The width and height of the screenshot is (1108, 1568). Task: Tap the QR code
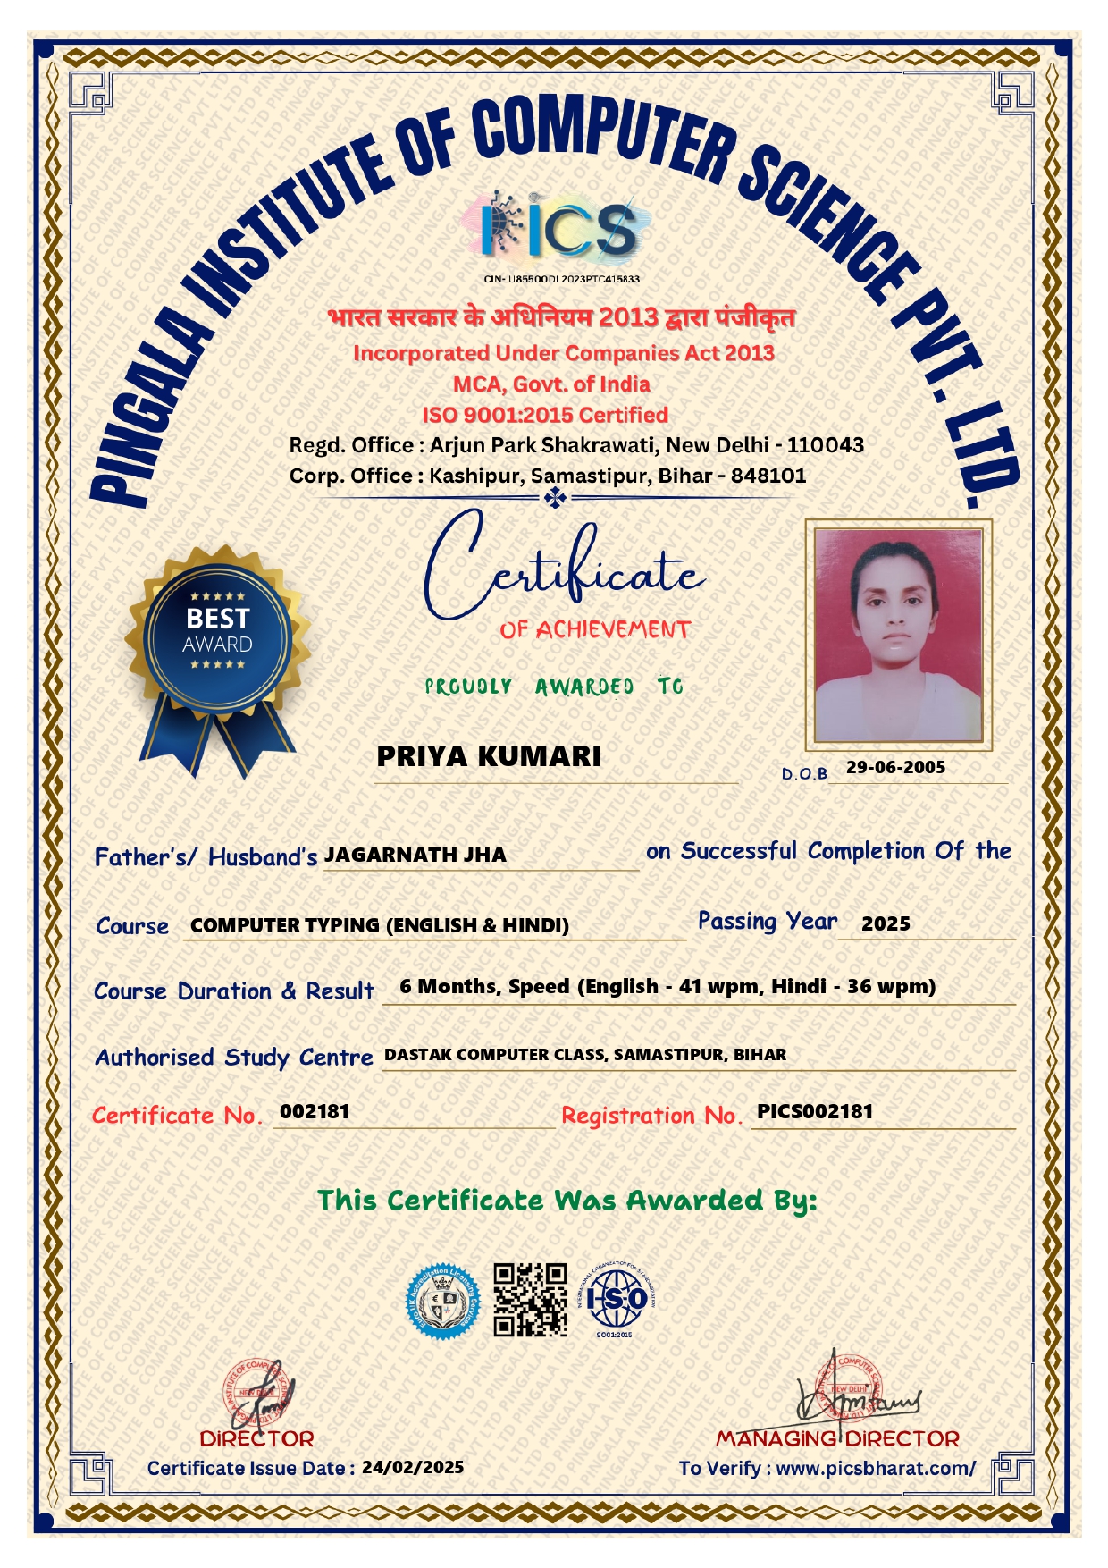coord(531,1299)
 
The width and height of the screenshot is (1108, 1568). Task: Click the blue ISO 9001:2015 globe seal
coord(616,1299)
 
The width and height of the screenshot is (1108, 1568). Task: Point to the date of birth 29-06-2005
coord(895,767)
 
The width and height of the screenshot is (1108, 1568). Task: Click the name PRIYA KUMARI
coord(488,756)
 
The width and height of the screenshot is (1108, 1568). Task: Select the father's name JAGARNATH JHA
coord(415,855)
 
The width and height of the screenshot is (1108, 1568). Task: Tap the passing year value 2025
coord(886,923)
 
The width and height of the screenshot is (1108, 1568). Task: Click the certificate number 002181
coord(315,1111)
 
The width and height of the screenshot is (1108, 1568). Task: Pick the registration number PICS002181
coord(814,1111)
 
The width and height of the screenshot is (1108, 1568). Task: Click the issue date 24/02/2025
coord(413,1467)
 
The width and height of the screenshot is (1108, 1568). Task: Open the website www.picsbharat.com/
coord(876,1468)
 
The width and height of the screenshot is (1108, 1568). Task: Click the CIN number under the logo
coord(561,279)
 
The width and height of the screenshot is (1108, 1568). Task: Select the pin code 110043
coord(825,444)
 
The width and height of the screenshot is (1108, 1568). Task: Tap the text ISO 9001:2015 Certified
coord(545,415)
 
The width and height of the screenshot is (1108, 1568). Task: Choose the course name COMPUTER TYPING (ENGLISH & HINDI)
coord(380,925)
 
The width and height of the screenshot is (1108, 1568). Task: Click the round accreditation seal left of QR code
coord(442,1301)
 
